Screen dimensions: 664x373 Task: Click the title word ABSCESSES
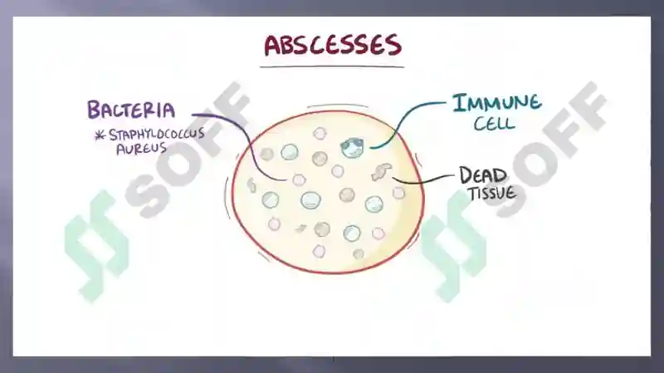(333, 45)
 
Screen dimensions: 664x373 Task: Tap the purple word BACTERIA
(131, 110)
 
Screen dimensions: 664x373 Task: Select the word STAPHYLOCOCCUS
(157, 135)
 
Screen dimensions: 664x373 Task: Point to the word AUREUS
(141, 149)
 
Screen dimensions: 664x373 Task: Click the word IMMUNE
(496, 103)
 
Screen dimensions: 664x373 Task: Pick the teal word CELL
(494, 124)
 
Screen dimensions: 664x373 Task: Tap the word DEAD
(483, 175)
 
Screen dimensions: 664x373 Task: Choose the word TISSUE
(492, 194)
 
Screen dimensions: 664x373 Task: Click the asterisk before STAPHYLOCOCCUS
(100, 135)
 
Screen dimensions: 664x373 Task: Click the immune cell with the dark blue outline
(352, 147)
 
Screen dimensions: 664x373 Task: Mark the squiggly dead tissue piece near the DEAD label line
(382, 172)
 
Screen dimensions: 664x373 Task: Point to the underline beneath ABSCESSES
(332, 66)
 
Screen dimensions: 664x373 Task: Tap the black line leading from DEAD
(422, 181)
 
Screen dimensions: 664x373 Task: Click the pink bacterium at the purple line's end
(299, 179)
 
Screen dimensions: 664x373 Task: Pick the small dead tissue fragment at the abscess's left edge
(251, 185)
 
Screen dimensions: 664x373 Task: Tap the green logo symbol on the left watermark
(96, 246)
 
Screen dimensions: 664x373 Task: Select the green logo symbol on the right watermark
(453, 246)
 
